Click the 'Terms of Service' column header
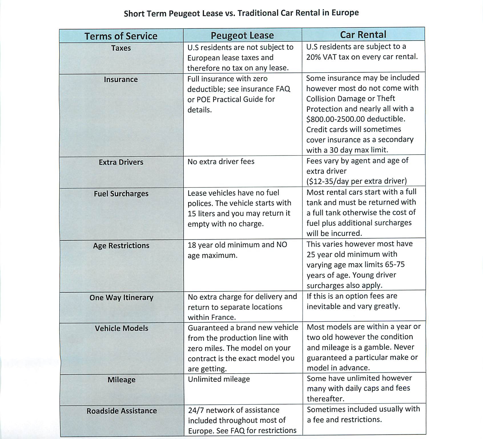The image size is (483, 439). click(121, 36)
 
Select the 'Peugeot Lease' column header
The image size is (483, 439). click(242, 35)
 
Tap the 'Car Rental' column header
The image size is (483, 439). click(363, 35)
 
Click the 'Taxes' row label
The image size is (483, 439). click(121, 48)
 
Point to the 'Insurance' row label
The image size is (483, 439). click(121, 79)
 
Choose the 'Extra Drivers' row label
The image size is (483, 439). click(121, 162)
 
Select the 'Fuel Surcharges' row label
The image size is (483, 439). click(121, 194)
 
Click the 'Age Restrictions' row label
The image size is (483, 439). click(121, 246)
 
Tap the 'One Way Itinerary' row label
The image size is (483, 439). click(121, 298)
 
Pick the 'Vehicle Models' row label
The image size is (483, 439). click(121, 328)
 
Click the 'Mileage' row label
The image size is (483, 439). click(121, 380)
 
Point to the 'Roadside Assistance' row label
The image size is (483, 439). click(122, 411)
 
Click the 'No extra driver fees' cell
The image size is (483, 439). click(221, 161)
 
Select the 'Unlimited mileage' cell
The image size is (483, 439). click(219, 379)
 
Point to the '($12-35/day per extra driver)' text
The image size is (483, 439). click(357, 181)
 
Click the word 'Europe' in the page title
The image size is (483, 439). click(345, 13)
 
